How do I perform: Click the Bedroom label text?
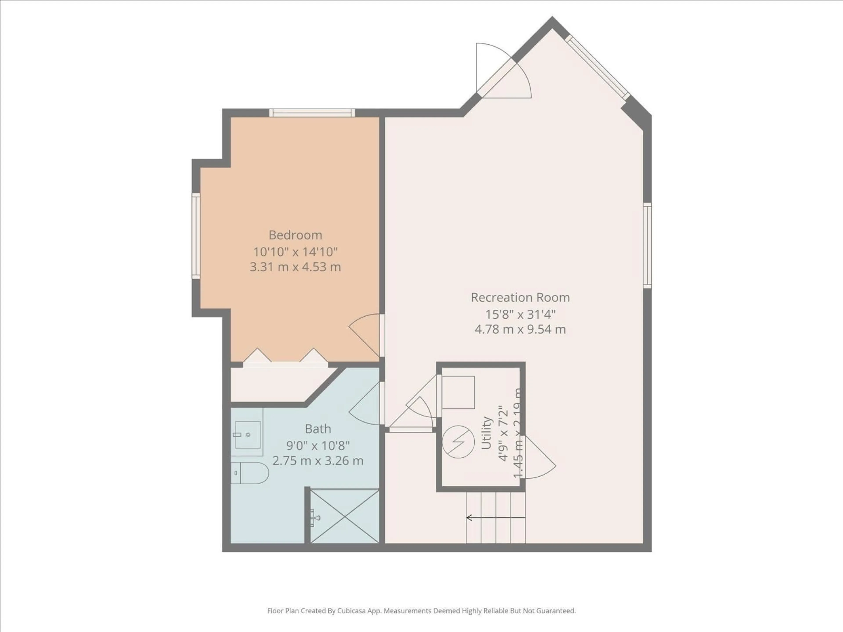pos(295,235)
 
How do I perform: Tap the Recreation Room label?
pos(520,298)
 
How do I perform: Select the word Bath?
pos(318,429)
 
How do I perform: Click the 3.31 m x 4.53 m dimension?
pos(295,267)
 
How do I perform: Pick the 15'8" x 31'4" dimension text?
pos(520,314)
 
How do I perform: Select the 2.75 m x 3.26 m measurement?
pos(318,461)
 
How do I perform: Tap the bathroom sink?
pos(247,435)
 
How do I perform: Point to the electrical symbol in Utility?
pos(458,442)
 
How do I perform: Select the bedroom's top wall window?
pos(312,113)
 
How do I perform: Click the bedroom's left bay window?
pos(196,236)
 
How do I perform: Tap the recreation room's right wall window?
pos(647,246)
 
